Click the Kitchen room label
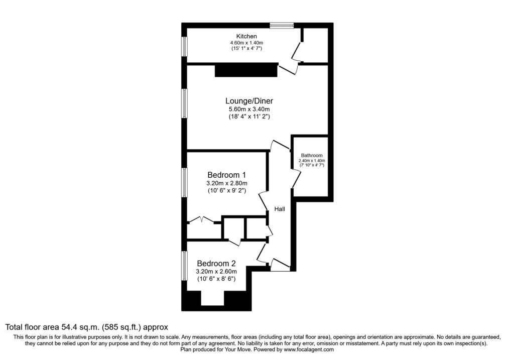tap(246, 36)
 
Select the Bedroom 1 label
tap(226, 175)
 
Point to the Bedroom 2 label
tap(216, 263)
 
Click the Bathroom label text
tap(312, 155)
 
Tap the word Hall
tap(280, 208)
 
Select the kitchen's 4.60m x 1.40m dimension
tap(246, 43)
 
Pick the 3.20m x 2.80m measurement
tap(226, 183)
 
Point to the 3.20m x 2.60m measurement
tap(216, 271)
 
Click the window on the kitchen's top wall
tap(281, 25)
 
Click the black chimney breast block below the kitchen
tap(246, 70)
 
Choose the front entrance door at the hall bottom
tap(280, 265)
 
